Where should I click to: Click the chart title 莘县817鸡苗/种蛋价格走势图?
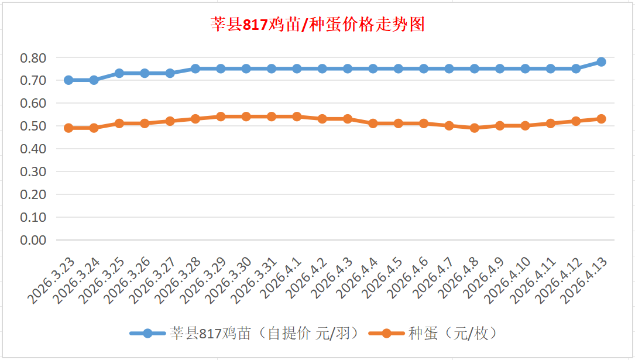point(317,25)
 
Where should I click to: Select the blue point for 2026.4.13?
point(601,62)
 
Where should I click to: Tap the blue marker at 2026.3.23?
point(68,80)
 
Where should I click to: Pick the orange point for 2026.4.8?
point(474,128)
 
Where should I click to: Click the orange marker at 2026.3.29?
point(221,116)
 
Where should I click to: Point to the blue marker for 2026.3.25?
point(119,73)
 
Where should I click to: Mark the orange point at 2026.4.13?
point(601,119)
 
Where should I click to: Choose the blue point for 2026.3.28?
point(195,68)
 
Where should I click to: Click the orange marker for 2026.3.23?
point(68,128)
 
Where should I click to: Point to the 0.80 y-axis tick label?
point(33,58)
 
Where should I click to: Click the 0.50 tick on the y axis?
point(33,126)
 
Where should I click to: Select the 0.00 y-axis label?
point(33,240)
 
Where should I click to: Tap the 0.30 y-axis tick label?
point(33,172)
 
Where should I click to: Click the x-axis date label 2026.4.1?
point(282,279)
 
